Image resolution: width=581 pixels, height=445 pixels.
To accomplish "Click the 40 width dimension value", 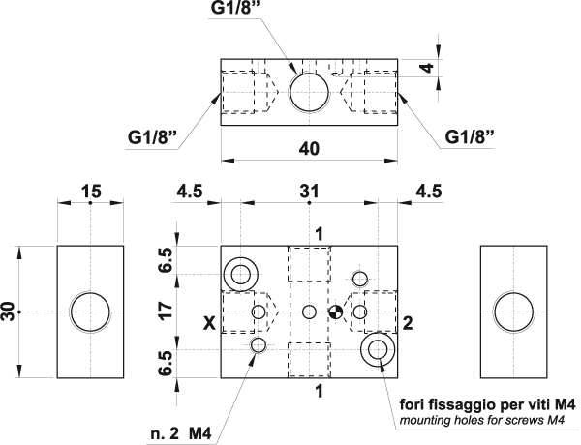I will tap(309, 149).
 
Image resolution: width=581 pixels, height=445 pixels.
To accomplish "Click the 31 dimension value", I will tap(309, 192).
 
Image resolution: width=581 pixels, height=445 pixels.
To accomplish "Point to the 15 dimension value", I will tap(91, 192).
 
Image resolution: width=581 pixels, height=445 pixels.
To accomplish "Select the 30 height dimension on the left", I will tap(9, 311).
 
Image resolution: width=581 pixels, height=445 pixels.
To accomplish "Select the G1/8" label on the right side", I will tap(471, 135).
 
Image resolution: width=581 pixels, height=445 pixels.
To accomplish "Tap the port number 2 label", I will tap(408, 323).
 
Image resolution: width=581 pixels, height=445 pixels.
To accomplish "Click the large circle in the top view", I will tap(310, 90).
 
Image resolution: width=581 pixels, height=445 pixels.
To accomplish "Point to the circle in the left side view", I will tap(91, 311).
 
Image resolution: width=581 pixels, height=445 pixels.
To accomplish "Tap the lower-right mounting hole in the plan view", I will tap(377, 349).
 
